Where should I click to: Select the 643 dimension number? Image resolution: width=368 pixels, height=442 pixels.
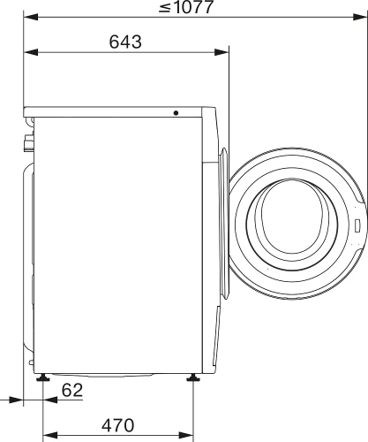[126, 42]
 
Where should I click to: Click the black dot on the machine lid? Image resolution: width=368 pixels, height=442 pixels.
[176, 113]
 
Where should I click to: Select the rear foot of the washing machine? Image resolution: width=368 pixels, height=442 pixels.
[42, 378]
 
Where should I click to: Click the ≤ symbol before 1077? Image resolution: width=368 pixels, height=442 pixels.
[165, 8]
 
